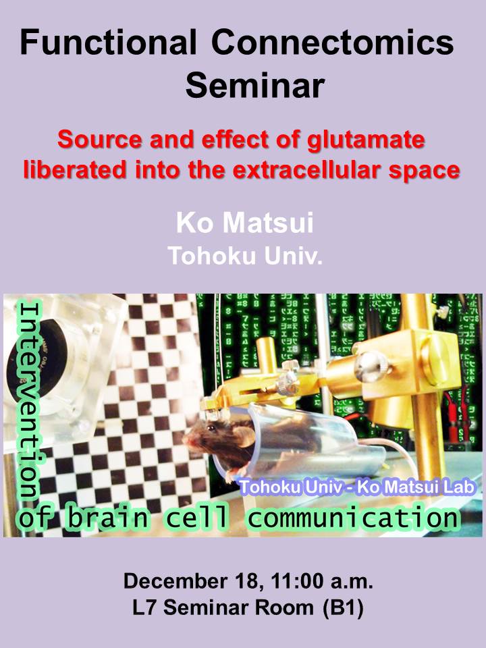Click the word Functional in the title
coord(107,42)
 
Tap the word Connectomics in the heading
coord(333,42)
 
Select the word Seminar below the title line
coord(254,86)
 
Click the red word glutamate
coord(366,140)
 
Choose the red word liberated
coord(75,169)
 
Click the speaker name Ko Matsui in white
coord(244,223)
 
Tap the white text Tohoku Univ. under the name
coord(244,256)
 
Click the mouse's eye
coord(211,429)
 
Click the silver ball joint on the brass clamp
coord(371,366)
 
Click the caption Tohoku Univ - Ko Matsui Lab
coord(357,487)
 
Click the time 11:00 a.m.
coord(322,581)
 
